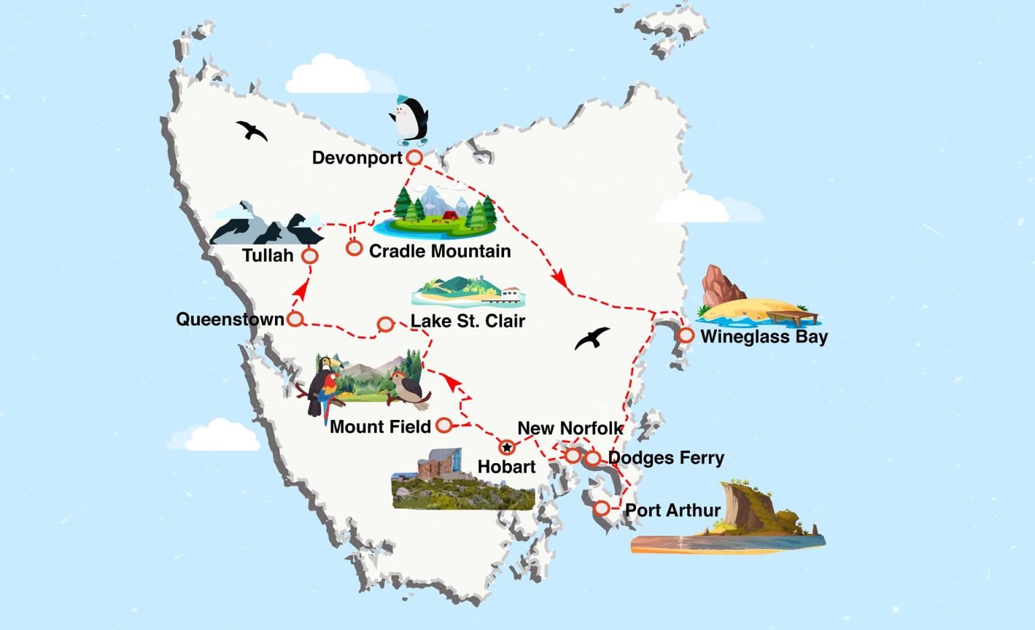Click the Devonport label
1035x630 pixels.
357,158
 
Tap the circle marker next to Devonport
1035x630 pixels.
414,157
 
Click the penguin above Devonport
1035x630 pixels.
410,120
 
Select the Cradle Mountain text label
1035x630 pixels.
439,251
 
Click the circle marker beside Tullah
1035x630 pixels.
310,256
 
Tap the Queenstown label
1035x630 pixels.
230,319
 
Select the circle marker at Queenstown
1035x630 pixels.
295,319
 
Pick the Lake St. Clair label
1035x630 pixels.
468,321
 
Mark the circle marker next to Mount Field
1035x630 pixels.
444,425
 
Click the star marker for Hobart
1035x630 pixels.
507,447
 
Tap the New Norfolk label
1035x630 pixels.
570,428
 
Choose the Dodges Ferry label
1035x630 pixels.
666,458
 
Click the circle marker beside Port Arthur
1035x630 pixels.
602,508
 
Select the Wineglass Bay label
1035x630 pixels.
764,337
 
